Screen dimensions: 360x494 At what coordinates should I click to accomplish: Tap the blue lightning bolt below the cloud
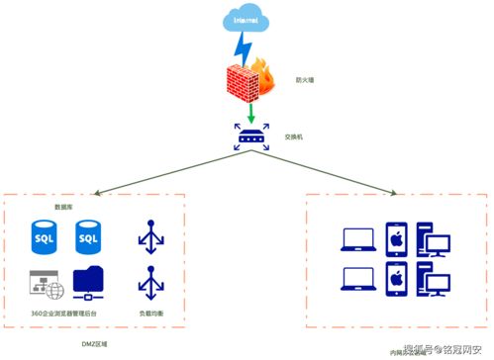click(240, 49)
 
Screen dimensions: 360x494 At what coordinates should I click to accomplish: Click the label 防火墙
click(306, 80)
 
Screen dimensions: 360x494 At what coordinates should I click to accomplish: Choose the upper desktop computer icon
click(433, 239)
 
